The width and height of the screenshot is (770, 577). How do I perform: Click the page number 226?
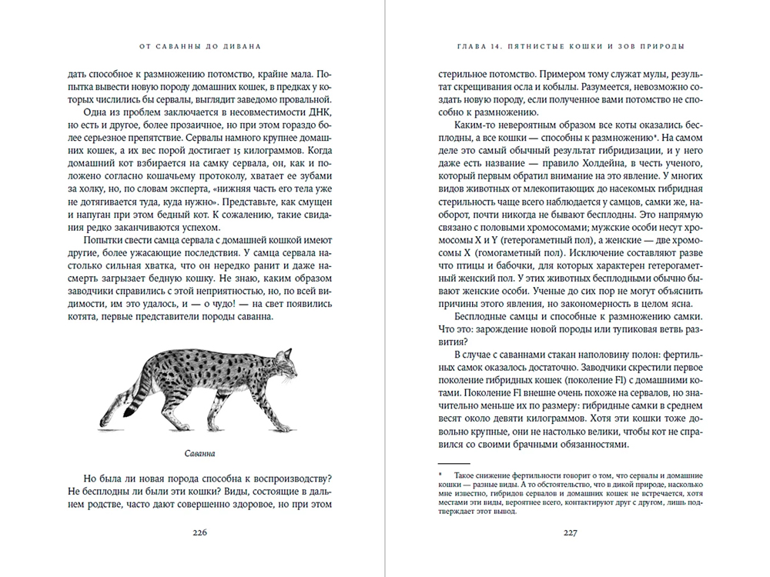click(x=200, y=532)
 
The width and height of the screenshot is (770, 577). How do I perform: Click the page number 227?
click(x=571, y=532)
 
